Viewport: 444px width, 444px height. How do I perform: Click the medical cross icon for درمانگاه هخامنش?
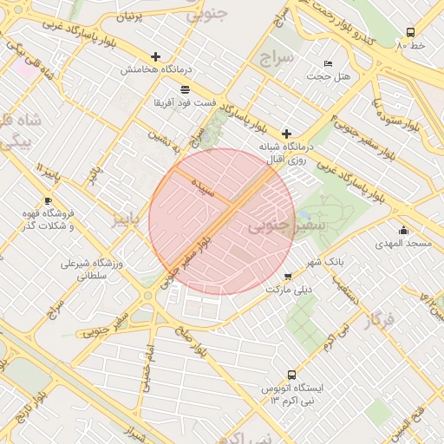[156, 56]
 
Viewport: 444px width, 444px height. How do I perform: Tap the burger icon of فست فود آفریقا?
[184, 89]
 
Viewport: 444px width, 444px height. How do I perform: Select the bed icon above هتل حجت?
[328, 63]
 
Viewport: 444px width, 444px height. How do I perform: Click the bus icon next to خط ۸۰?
[410, 32]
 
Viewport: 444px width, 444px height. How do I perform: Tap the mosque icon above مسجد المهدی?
[403, 230]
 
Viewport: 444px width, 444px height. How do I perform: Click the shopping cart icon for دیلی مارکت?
[288, 277]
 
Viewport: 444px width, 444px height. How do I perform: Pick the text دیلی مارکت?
[287, 289]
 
